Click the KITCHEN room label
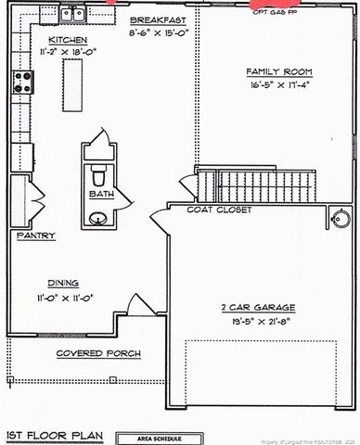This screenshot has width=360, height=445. (x=68, y=41)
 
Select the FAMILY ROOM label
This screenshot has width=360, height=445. (x=278, y=71)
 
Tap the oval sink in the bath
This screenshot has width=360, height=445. (x=98, y=220)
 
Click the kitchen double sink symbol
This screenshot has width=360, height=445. (x=71, y=14)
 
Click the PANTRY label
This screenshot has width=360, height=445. (x=35, y=236)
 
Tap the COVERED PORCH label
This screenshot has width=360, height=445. (x=91, y=354)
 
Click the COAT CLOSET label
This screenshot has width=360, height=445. (x=215, y=210)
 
